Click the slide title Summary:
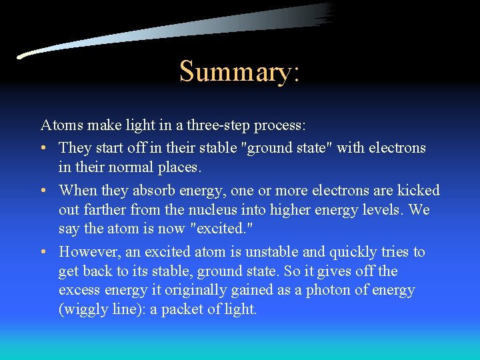pyautogui.click(x=239, y=72)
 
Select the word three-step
pyautogui.click(x=229, y=125)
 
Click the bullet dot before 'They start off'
pyautogui.click(x=43, y=147)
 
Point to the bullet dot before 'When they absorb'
pyautogui.click(x=43, y=191)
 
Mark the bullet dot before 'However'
pyautogui.click(x=43, y=252)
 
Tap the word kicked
pyautogui.click(x=417, y=191)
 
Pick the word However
pyautogui.click(x=87, y=252)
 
